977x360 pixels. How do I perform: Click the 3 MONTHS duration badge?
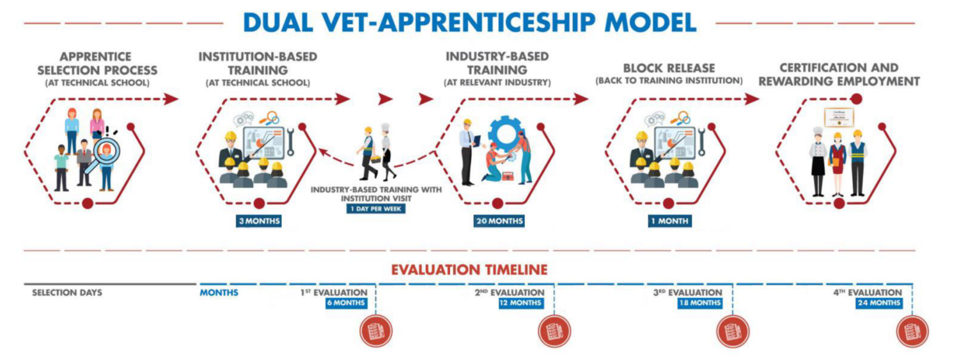(259, 221)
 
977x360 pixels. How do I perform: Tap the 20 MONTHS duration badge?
(499, 221)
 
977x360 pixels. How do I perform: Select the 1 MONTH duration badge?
(669, 221)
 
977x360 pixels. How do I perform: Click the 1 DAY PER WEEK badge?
(376, 208)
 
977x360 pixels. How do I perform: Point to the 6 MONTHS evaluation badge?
(347, 303)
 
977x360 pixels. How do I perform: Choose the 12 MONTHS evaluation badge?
(521, 303)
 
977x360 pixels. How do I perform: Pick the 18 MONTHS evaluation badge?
(700, 303)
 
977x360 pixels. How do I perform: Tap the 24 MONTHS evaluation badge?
(879, 303)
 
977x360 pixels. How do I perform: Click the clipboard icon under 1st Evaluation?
(376, 331)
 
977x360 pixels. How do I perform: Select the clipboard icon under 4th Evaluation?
(912, 331)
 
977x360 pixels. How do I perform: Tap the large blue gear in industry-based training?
(505, 132)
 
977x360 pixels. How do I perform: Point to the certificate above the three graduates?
(839, 118)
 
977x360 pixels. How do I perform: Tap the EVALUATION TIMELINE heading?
(469, 270)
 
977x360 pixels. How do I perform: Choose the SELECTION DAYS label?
(67, 292)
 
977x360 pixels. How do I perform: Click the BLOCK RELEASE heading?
(669, 68)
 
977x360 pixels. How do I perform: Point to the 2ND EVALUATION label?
(510, 292)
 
